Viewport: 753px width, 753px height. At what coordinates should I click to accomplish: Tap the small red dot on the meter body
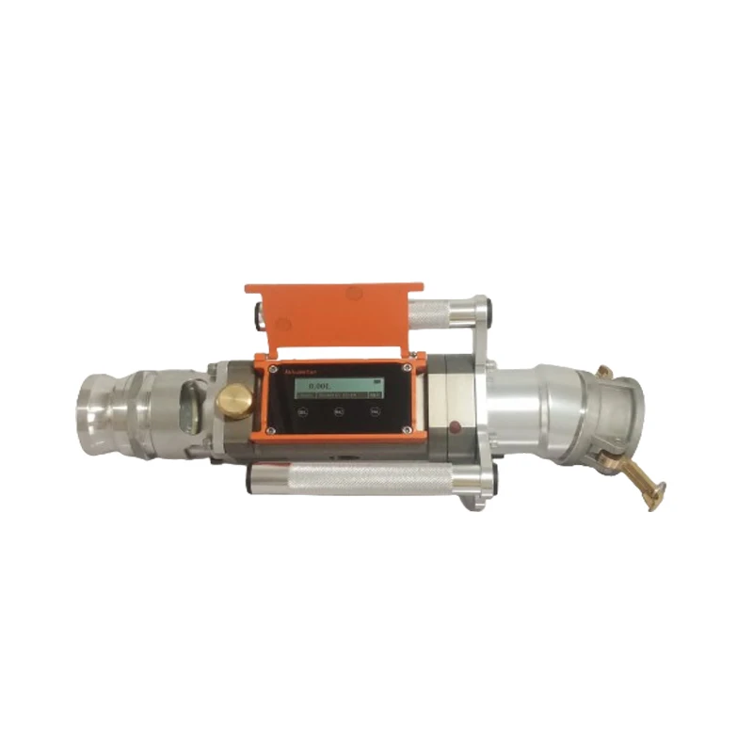(x=456, y=428)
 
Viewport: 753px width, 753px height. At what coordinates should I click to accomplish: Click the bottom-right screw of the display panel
(x=406, y=429)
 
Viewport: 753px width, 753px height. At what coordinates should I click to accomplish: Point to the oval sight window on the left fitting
(x=186, y=405)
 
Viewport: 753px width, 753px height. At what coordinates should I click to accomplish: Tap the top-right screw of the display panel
(x=406, y=367)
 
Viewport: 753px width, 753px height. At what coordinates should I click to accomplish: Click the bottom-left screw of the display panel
(x=271, y=431)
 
